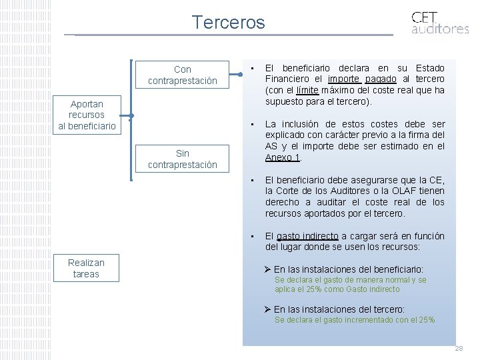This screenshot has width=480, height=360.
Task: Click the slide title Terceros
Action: tap(228, 22)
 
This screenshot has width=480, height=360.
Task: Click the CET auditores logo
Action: tap(439, 22)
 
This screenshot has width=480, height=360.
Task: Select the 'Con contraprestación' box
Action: tap(182, 75)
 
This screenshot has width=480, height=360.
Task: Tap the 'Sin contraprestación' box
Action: tap(182, 159)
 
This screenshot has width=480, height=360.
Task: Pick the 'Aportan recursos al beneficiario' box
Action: tap(86, 115)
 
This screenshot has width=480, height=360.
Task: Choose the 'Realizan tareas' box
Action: tap(86, 268)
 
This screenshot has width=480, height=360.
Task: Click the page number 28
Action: tap(459, 349)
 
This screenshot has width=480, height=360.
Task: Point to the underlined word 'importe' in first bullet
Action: tap(344, 79)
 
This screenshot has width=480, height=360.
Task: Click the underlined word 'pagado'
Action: tap(383, 79)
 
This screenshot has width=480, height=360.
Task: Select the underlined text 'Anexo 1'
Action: tap(283, 157)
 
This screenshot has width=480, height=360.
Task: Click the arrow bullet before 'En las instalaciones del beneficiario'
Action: tap(267, 269)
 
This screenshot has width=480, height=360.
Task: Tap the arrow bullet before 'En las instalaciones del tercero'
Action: tap(267, 309)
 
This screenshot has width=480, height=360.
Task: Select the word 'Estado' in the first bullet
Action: tap(429, 67)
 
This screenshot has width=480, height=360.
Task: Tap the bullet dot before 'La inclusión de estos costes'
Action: tap(253, 125)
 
